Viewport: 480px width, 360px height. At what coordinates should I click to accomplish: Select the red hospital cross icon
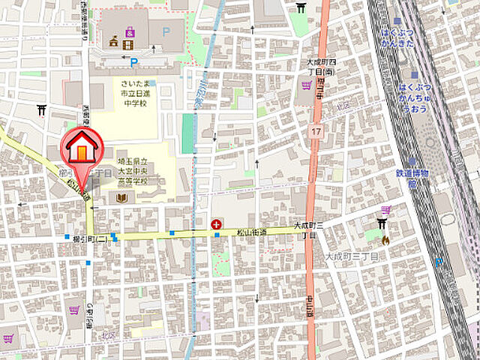pyautogui.click(x=217, y=223)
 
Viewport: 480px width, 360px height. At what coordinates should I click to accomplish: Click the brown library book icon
pyautogui.click(x=121, y=198)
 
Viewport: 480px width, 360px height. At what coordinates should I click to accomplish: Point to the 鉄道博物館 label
pyautogui.click(x=412, y=178)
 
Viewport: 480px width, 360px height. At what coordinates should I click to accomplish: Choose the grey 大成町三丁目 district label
pyautogui.click(x=351, y=256)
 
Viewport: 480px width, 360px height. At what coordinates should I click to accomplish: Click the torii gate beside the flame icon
pyautogui.click(x=382, y=223)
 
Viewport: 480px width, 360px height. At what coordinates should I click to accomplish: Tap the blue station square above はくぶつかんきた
pyautogui.click(x=397, y=21)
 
